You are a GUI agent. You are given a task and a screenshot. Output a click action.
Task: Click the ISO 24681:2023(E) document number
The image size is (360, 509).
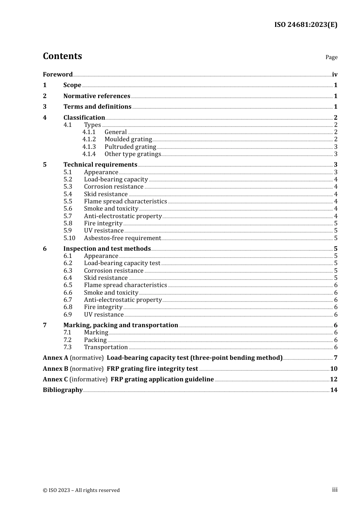coord(305,25)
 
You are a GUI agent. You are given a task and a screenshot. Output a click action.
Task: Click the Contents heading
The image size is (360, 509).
coord(62,56)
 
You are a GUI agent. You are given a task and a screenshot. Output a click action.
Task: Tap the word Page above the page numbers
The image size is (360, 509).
coord(331,57)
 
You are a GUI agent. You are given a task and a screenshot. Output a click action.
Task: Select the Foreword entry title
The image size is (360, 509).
coord(58,75)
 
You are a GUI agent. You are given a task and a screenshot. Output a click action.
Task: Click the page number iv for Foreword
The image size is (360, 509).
coord(335,75)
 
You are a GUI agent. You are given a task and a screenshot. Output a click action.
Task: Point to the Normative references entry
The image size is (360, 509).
coord(97,96)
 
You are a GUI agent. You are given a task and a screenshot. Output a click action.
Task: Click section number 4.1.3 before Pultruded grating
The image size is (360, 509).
coord(89,147)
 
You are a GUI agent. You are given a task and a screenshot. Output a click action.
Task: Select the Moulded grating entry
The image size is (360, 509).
coord(128,139)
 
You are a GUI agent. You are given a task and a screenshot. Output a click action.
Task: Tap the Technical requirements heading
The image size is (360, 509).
coord(100,165)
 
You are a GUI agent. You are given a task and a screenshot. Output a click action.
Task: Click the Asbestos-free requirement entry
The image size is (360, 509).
coord(122,238)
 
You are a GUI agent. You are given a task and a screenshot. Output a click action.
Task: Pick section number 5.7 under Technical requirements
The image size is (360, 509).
coord(67,216)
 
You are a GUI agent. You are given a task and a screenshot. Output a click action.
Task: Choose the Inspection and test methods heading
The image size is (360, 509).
coord(107,249)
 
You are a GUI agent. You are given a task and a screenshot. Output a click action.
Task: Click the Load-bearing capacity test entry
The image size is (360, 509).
coord(122,263)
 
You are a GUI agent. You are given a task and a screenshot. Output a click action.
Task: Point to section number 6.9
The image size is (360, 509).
coord(67,315)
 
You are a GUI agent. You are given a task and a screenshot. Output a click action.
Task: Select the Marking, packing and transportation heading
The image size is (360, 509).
coord(121,325)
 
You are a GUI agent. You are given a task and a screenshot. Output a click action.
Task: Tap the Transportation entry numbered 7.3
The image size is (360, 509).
coord(106,347)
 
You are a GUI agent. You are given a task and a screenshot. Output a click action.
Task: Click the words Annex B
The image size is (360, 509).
coord(55,369)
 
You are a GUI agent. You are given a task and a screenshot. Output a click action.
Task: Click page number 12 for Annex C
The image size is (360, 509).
coord(333,379)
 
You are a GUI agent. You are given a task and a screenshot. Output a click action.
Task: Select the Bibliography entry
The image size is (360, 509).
coord(63,390)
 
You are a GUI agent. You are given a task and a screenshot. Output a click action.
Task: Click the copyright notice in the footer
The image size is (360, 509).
coord(81,490)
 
